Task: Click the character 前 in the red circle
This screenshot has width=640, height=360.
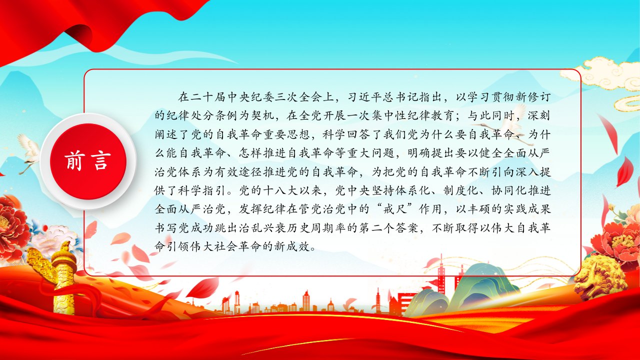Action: tap(74, 161)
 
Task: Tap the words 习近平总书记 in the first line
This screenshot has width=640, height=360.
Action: tap(383, 97)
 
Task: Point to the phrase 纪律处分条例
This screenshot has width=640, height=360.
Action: tap(202, 115)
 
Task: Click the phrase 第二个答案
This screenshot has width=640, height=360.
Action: tap(388, 228)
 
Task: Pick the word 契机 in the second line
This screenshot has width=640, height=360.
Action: tap(262, 115)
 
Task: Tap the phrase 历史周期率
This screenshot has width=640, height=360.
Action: tap(316, 228)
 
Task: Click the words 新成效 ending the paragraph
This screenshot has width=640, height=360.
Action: tap(292, 246)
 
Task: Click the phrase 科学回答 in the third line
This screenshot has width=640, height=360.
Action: tap(346, 134)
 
